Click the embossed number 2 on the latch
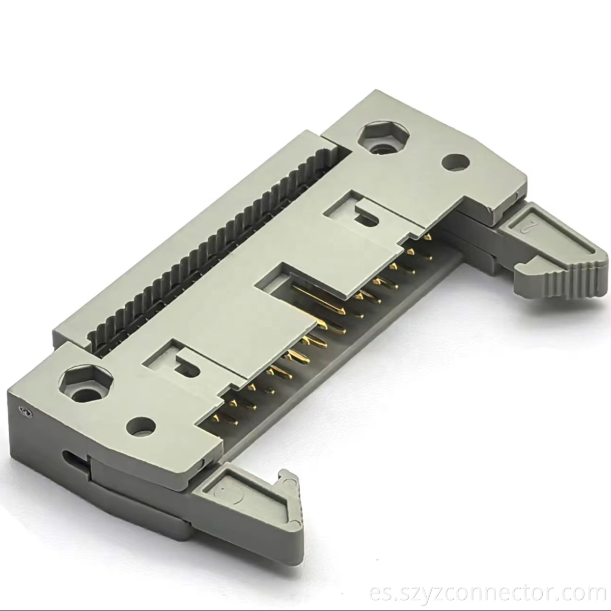pyautogui.click(x=529, y=225)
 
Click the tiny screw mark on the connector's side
pyautogui.click(x=23, y=410)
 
